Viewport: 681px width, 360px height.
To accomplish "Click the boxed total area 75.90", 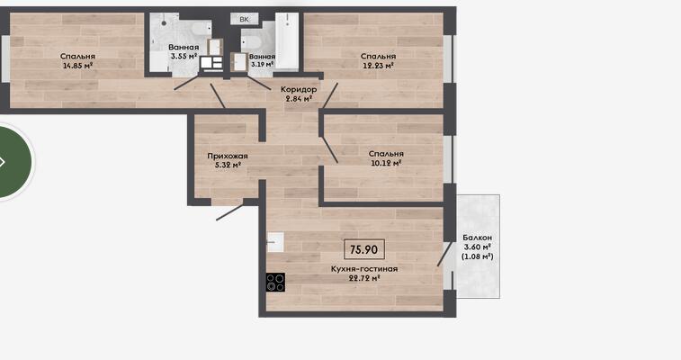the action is pyautogui.click(x=364, y=249).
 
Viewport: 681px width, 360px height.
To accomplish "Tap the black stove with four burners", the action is pyautogui.click(x=275, y=283).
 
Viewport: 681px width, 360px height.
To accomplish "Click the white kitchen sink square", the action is pyautogui.click(x=275, y=242).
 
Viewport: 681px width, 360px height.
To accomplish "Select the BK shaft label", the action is pyautogui.click(x=244, y=19).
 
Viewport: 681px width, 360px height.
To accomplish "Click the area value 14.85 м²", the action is pyautogui.click(x=77, y=66).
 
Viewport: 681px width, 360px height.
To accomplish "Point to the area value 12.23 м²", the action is pyautogui.click(x=378, y=66).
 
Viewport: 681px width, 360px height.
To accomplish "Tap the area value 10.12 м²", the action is pyautogui.click(x=386, y=163).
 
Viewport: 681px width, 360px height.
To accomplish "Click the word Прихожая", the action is pyautogui.click(x=228, y=156).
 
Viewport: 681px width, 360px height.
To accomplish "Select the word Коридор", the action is pyautogui.click(x=299, y=89).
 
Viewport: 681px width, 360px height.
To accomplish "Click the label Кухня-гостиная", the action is pyautogui.click(x=364, y=269).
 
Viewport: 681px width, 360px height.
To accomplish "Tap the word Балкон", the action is pyautogui.click(x=478, y=238).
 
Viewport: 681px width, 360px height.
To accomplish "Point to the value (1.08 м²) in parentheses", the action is pyautogui.click(x=478, y=256).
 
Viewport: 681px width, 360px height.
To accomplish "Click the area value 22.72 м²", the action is pyautogui.click(x=365, y=278).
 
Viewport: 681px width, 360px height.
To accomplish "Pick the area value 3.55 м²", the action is pyautogui.click(x=184, y=56).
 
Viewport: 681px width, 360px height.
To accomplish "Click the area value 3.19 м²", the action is pyautogui.click(x=262, y=64).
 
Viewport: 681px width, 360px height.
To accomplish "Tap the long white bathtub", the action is pyautogui.click(x=287, y=40).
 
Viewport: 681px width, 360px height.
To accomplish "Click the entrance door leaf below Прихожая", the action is pyautogui.click(x=230, y=211).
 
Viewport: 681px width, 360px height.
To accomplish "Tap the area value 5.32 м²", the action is pyautogui.click(x=228, y=166).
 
